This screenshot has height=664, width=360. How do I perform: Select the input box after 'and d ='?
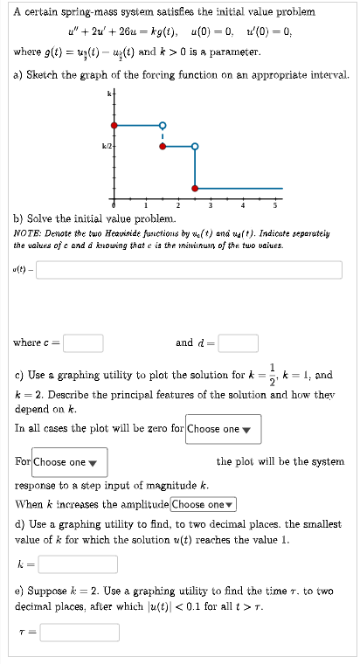click(231, 343)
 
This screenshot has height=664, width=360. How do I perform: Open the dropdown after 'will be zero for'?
click(223, 429)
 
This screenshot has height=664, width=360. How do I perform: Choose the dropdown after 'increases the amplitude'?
click(204, 504)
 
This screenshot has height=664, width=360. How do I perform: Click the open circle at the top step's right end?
click(161, 124)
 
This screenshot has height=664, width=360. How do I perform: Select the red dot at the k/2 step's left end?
click(161, 146)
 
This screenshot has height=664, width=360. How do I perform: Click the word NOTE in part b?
click(26, 234)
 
